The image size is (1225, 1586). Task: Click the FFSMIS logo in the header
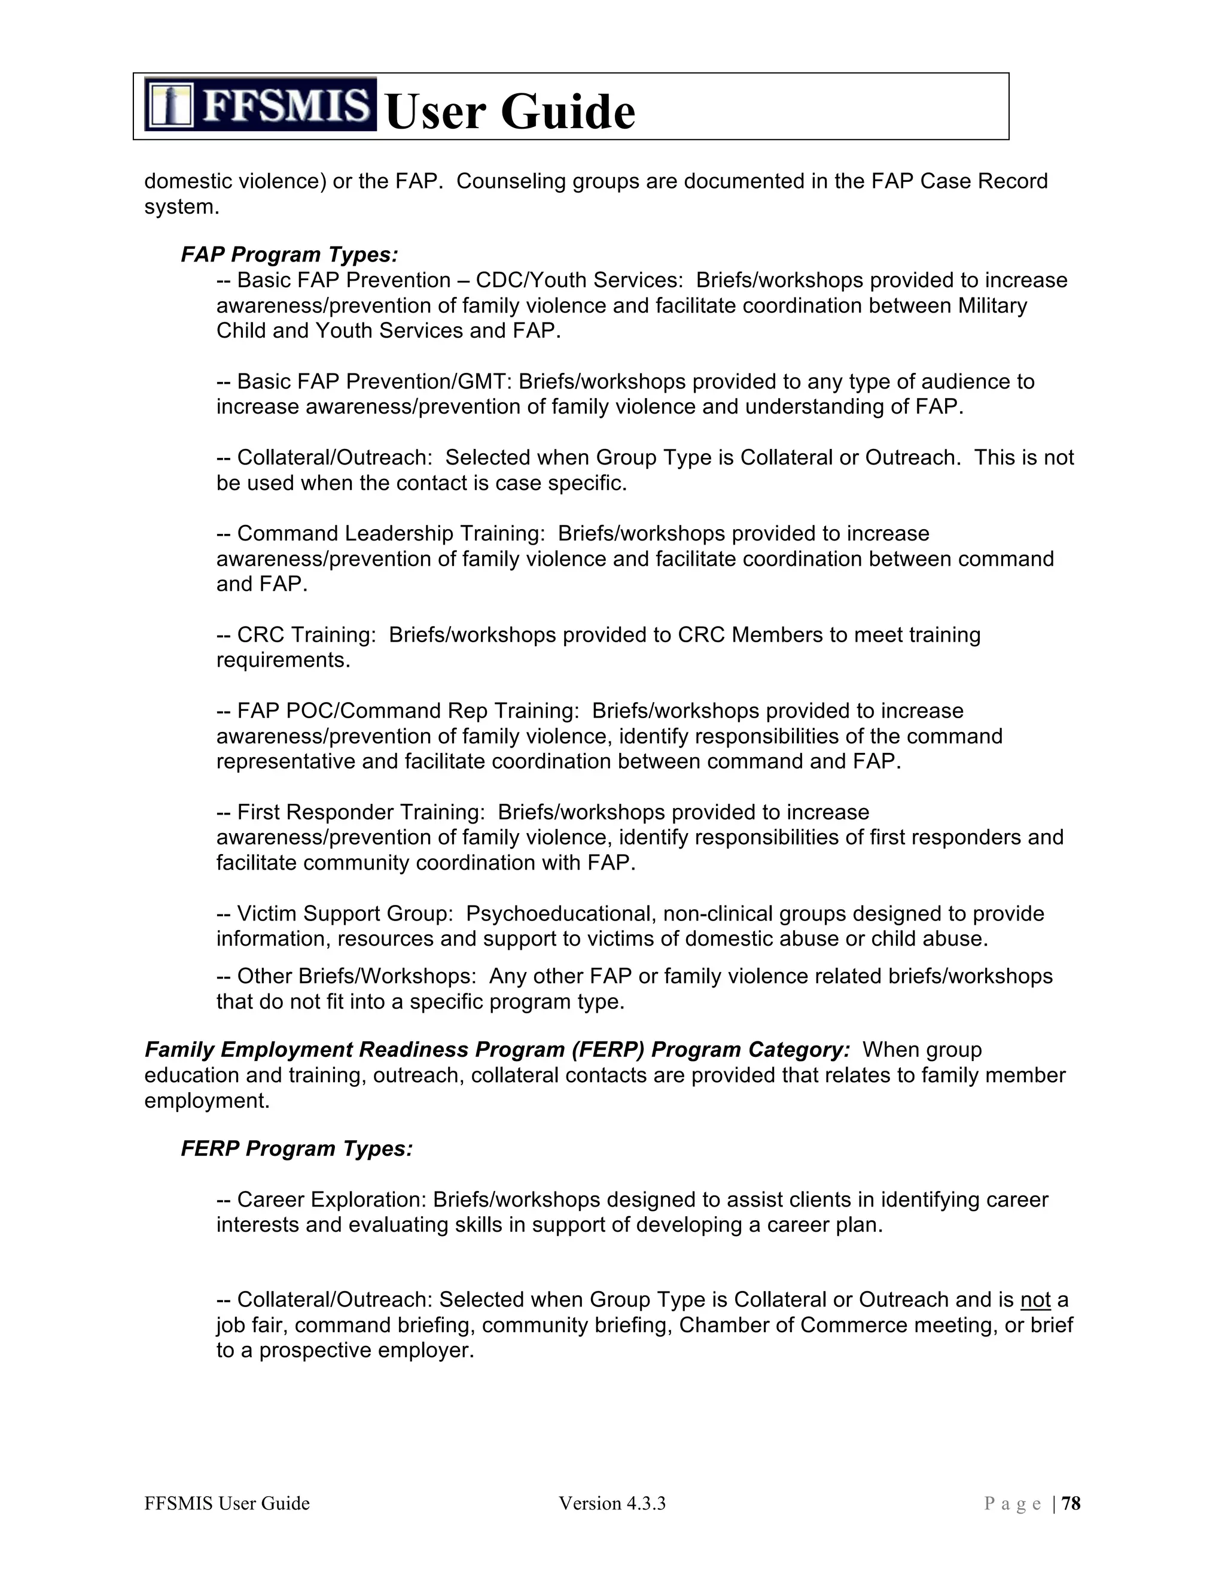tap(261, 105)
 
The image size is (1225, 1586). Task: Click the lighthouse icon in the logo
tap(170, 105)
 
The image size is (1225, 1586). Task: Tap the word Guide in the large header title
tap(568, 113)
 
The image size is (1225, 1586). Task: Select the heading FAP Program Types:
tap(290, 255)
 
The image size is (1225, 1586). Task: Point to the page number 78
tap(1071, 1503)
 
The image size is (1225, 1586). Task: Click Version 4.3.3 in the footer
tap(612, 1503)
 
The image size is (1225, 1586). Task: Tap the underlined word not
tap(1035, 1299)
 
